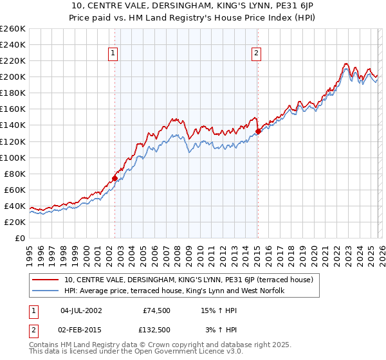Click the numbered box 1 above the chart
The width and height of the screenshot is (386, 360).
tap(113, 54)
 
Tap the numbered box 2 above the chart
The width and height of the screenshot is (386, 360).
tap(257, 54)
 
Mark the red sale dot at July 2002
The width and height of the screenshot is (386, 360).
tap(115, 178)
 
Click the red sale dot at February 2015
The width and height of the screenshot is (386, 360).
tap(258, 131)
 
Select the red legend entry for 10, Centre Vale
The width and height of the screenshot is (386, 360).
tap(188, 280)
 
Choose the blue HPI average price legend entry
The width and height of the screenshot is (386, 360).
tap(178, 291)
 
